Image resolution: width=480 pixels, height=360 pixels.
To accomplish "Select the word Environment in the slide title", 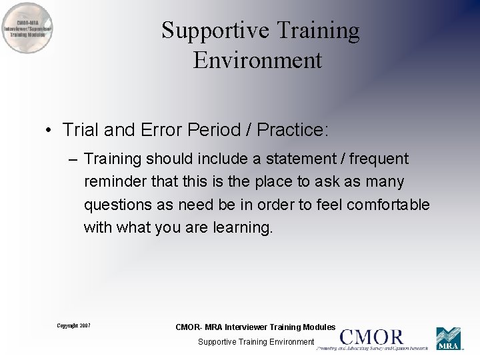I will pos(257,61).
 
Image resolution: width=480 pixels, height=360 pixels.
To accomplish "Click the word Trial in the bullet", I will pos(80,129).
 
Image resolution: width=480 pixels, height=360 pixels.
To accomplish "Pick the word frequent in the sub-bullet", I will pos(378,159).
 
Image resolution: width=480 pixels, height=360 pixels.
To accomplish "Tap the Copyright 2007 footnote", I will pos(73,325).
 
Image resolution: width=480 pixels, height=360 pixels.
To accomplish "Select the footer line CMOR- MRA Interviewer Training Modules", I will pos(255,327).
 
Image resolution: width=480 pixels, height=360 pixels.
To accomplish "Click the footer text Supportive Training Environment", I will pos(256,342).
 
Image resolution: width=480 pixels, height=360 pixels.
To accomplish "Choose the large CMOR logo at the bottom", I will pos(372,339).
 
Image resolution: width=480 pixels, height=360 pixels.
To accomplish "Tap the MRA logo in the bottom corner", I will pos(449,339).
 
